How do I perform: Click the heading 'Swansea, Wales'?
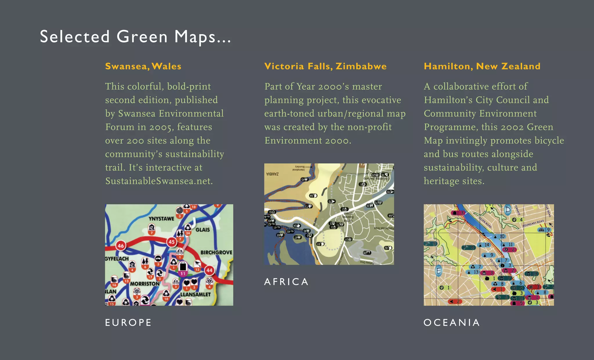click(x=143, y=66)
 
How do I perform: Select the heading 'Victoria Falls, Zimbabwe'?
click(x=325, y=66)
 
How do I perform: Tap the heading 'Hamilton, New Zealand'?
click(x=482, y=66)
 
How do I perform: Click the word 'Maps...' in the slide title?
click(x=202, y=37)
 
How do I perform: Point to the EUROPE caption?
click(x=128, y=323)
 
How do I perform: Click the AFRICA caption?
click(x=286, y=282)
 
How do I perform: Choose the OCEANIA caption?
click(x=452, y=323)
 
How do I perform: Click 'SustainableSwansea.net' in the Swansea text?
click(x=159, y=181)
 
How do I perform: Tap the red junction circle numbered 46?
click(x=121, y=246)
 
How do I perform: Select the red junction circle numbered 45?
click(x=172, y=242)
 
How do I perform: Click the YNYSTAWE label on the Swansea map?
click(x=161, y=219)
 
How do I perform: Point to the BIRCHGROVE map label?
click(x=216, y=252)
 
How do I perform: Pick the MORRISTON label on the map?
click(x=145, y=283)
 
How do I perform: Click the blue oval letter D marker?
click(x=508, y=209)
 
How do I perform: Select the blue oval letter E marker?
click(x=439, y=271)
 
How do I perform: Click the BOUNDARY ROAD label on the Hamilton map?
click(x=533, y=224)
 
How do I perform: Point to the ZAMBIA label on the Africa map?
click(x=273, y=174)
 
